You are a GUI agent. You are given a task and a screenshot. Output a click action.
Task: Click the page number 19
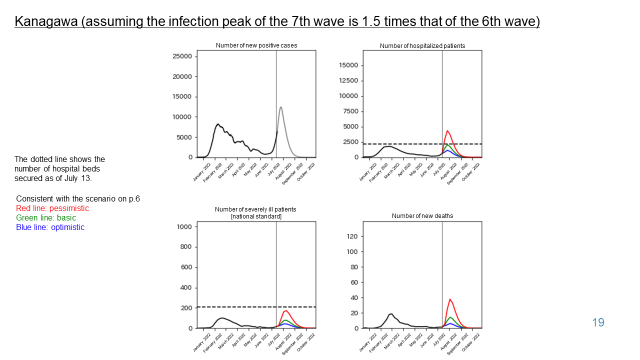tap(598, 322)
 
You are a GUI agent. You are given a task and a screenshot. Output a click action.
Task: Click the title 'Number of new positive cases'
tap(256, 45)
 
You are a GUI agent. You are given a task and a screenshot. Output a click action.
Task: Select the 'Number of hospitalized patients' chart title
tap(422, 46)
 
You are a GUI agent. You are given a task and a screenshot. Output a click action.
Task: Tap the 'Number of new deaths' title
tap(422, 216)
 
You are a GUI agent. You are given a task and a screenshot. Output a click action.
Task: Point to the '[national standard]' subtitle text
tap(255, 216)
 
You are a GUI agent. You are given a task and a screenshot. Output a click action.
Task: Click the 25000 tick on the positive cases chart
tap(182, 56)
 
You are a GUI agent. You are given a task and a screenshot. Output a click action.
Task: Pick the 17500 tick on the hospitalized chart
tap(349, 65)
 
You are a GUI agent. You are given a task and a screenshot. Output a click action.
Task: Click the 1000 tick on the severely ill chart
tap(184, 227)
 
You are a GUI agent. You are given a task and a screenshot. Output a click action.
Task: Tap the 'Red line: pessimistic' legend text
tap(52, 208)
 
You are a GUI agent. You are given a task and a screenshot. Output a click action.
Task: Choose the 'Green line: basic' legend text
tap(46, 217)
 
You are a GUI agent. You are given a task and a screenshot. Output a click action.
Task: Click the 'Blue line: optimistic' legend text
tap(50, 227)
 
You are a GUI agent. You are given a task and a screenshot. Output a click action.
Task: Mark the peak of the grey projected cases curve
tap(281, 107)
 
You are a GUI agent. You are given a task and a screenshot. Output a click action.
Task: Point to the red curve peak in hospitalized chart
tap(447, 131)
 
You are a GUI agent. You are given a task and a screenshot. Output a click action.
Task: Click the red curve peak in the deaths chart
tap(450, 299)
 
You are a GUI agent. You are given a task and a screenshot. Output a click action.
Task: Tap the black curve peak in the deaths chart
tap(391, 314)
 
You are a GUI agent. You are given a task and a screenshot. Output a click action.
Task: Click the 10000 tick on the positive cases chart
tap(182, 117)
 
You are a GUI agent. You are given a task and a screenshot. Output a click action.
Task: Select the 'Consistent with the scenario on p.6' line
tap(78, 198)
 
